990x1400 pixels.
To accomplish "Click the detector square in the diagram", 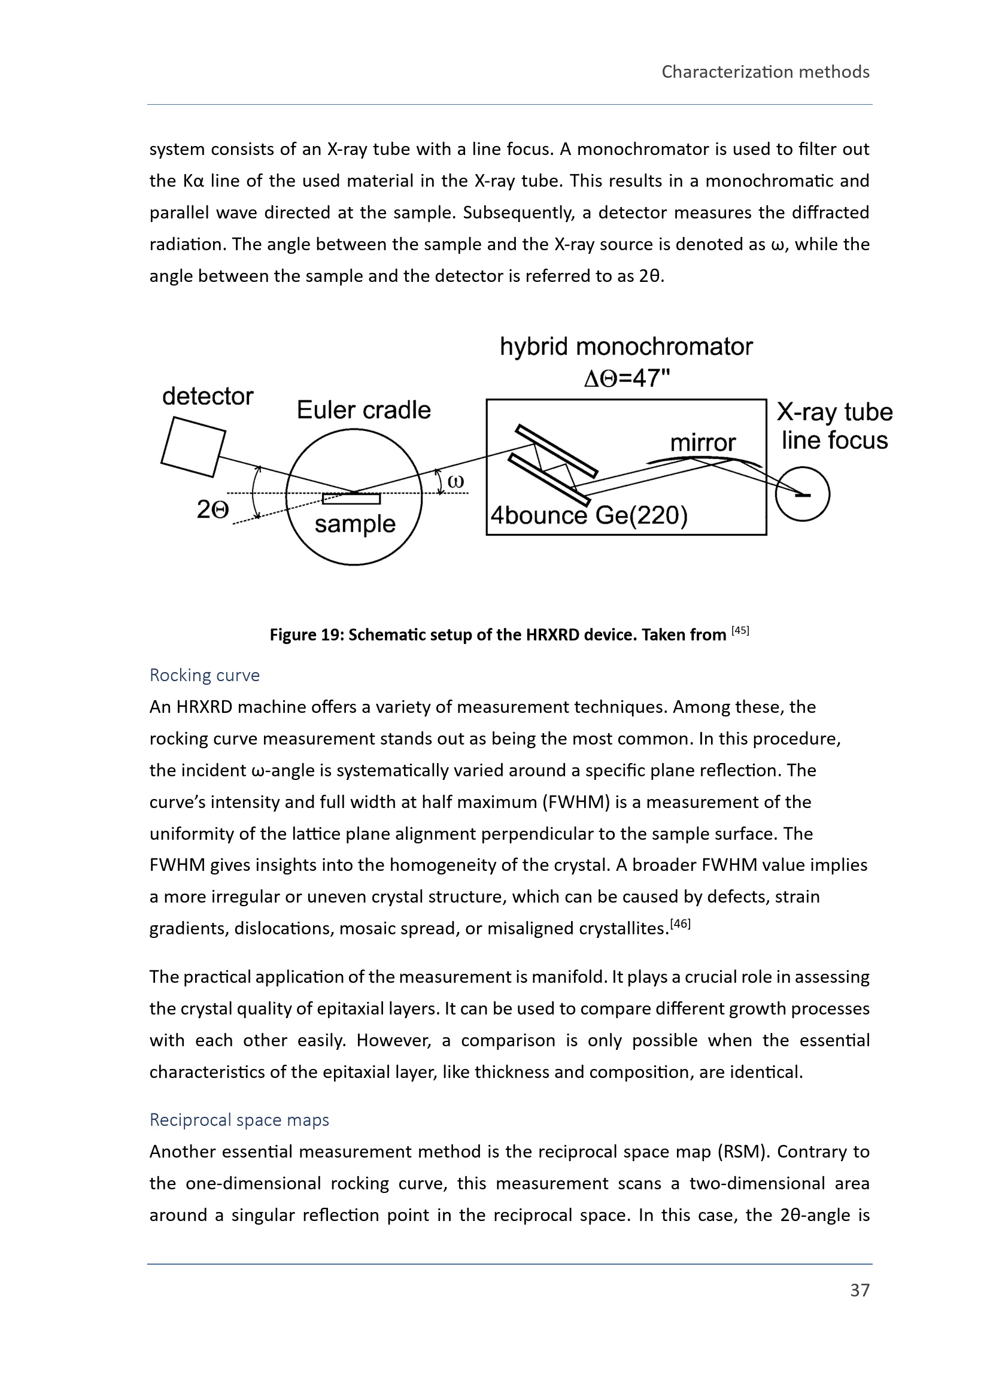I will [193, 447].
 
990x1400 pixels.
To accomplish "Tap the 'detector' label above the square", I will [207, 396].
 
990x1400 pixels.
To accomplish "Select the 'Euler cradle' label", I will [363, 410].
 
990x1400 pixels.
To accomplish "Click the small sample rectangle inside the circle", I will [351, 499].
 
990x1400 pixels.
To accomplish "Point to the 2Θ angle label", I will [212, 510].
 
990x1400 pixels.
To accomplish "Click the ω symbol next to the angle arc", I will [455, 481].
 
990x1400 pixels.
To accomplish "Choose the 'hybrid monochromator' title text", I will [626, 347].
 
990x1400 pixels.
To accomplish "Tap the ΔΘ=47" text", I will [627, 379].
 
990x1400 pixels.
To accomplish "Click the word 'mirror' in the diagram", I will [703, 443].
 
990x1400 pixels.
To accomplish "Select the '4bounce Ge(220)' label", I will [589, 516].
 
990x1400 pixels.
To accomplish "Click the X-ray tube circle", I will [802, 494].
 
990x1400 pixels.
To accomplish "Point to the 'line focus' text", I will [834, 441].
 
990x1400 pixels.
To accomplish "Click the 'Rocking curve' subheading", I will [205, 675].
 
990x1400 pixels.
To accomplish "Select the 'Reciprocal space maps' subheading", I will [239, 1119].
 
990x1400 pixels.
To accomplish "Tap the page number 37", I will [860, 1290].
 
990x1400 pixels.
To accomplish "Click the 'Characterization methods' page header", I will [765, 72].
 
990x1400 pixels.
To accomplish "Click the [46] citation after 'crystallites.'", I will [681, 924].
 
